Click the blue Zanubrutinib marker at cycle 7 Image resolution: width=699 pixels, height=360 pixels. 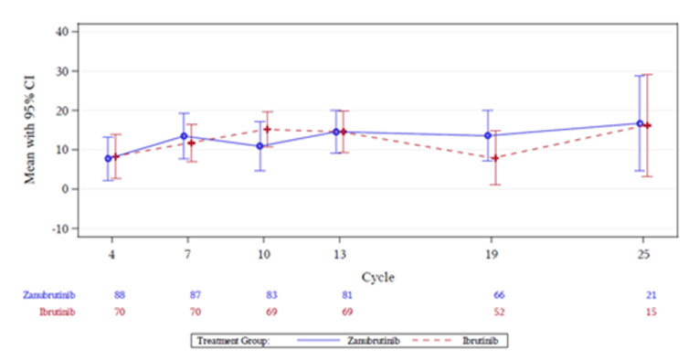coord(184,136)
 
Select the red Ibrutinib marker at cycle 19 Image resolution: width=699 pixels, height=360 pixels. coord(495,158)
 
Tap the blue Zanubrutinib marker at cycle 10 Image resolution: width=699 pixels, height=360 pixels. coord(259,146)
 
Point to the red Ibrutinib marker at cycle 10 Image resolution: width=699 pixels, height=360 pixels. coord(267,130)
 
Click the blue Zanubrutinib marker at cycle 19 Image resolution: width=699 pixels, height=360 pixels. coord(488,135)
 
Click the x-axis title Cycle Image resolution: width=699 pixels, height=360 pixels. coord(377,276)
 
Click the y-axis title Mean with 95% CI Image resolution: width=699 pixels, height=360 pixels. coord(31,131)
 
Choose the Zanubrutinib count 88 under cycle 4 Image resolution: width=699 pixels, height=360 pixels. coord(120,295)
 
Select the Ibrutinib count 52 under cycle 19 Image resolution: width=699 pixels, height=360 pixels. coord(498,312)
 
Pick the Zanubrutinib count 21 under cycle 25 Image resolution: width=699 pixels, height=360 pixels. coord(651,295)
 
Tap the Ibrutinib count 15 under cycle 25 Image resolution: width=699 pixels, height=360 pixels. coord(651,312)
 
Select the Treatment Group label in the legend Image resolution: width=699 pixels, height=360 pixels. coord(231,340)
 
